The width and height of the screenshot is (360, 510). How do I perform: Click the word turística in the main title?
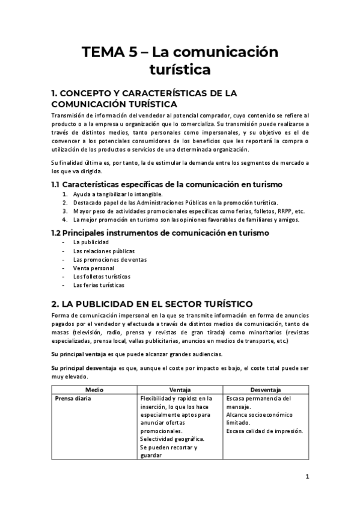(180, 70)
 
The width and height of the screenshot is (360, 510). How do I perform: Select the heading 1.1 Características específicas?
(167, 184)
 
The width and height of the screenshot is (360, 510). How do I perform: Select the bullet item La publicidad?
(91, 242)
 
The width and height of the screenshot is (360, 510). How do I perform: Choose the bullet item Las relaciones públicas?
(103, 251)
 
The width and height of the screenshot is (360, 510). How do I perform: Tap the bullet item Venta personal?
(94, 268)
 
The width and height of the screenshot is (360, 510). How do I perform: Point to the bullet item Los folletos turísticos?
(101, 276)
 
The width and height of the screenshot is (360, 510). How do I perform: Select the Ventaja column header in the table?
(180, 390)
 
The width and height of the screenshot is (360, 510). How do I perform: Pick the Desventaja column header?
(266, 390)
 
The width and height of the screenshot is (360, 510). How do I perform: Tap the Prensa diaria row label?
(73, 398)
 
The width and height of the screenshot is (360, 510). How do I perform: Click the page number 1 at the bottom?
(307, 476)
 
